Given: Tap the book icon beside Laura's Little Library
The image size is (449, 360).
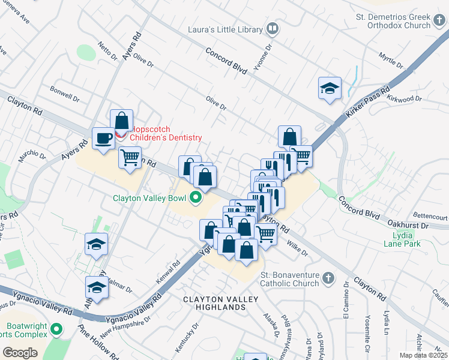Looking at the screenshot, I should [x=272, y=28].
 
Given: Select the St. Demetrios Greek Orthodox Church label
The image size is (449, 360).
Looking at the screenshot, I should [x=394, y=21].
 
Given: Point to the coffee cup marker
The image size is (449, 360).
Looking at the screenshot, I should [x=103, y=139].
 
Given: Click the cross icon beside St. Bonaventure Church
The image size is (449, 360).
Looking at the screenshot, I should [x=327, y=278].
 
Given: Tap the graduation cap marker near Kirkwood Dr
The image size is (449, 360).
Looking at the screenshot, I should [x=330, y=89].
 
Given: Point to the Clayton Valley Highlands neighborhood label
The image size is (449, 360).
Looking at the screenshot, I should [x=221, y=303].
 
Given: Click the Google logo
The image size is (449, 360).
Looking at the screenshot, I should [x=20, y=353].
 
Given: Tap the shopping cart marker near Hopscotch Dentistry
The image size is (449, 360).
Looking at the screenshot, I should [x=130, y=158].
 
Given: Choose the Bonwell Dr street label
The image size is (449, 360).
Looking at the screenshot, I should [x=65, y=96].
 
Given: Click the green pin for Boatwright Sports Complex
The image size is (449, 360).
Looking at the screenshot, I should [x=56, y=329].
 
